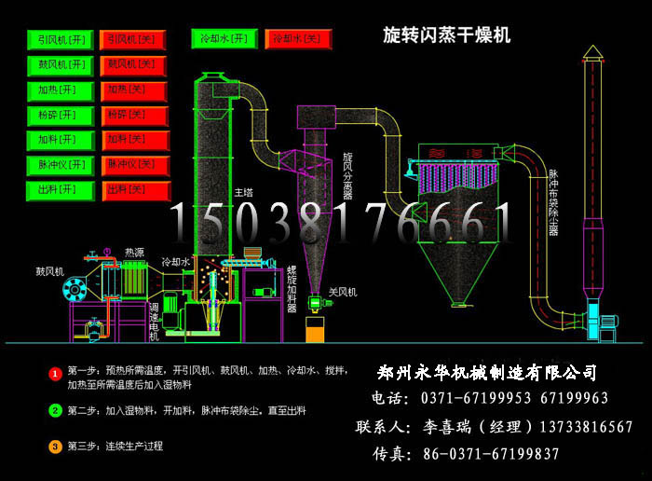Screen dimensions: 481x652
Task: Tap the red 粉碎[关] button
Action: tap(132, 116)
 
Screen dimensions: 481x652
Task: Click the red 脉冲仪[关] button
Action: tap(132, 165)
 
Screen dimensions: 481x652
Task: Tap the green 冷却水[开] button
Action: tap(224, 39)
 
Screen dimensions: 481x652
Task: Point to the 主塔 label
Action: tap(243, 192)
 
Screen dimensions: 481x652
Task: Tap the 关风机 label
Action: tap(343, 292)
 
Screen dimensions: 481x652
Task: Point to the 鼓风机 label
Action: tap(49, 272)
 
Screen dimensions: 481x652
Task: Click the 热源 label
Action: tap(135, 252)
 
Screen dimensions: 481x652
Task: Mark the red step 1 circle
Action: tap(55, 374)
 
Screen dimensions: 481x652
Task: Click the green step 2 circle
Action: tap(55, 410)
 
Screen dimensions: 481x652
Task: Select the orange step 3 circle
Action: tap(55, 447)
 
